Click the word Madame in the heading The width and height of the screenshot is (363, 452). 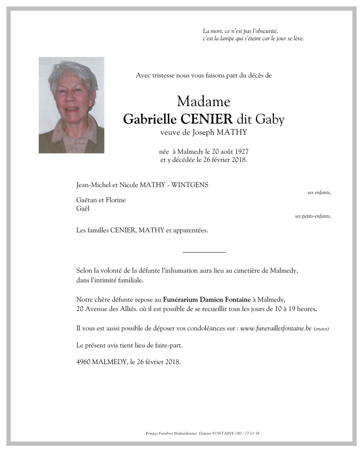[x=203, y=102]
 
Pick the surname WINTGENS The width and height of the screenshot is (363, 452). [x=190, y=185]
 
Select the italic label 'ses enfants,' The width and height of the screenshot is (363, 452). [x=319, y=192]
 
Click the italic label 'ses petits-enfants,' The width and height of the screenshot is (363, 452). [x=313, y=216]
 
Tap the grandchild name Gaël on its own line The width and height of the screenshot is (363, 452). [x=83, y=208]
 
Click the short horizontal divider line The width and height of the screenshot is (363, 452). [x=204, y=253]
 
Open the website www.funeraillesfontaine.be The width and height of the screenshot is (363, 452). [x=276, y=328]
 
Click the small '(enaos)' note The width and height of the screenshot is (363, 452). [x=321, y=329]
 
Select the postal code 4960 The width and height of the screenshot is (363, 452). [x=83, y=363]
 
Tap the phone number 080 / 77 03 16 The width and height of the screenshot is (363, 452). [x=247, y=433]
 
